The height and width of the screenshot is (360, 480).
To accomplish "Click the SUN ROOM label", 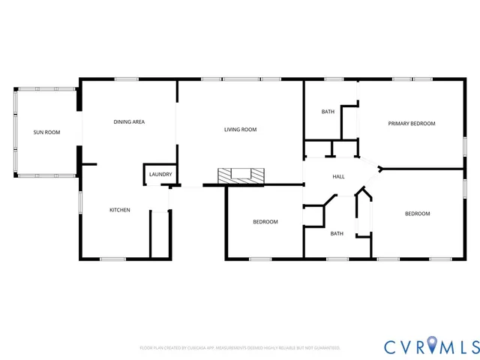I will [46, 132].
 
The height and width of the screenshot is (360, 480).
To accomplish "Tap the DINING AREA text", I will [129, 121].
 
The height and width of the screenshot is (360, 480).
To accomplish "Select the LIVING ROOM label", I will [240, 130].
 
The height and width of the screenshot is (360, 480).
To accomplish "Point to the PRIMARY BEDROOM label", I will [411, 123].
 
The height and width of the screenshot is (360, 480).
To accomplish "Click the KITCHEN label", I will [120, 210].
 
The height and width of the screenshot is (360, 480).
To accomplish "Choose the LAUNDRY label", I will [160, 175].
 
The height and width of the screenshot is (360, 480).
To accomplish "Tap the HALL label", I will [338, 176].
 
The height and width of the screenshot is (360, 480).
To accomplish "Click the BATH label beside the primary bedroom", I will [328, 112].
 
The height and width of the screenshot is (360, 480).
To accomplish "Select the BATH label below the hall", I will [337, 233].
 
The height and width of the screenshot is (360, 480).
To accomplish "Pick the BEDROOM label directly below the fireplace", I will [265, 221].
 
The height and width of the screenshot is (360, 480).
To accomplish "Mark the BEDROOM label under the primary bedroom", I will [417, 214].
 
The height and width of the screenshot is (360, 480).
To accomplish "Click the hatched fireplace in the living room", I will [241, 175].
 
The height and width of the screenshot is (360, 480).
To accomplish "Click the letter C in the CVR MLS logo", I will [391, 346].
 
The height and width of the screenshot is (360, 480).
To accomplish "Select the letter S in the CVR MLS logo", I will [472, 346].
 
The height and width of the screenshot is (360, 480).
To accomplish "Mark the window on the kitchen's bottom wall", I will [112, 259].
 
